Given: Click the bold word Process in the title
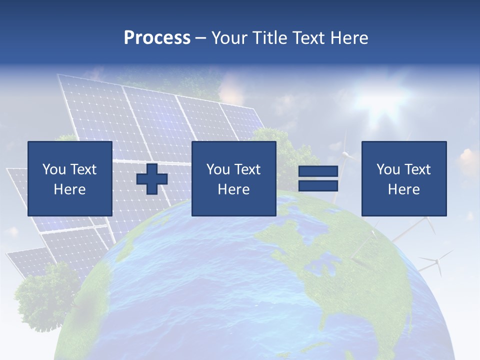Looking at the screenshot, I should tap(157, 38).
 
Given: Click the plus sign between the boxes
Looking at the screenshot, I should tap(152, 179).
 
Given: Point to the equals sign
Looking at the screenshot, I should tap(318, 178).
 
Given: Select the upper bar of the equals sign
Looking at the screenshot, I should tap(318, 171).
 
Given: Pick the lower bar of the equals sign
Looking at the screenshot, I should tap(318, 185).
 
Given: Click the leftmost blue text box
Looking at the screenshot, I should tap(69, 178).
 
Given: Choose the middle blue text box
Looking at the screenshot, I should tap(233, 178).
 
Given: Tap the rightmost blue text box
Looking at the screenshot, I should tap(403, 178).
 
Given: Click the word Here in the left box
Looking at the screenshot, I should tap(69, 189).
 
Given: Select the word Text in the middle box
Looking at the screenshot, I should tap(247, 169).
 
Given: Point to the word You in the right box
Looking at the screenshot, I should tap(388, 169).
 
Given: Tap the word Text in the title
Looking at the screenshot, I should tap(307, 38).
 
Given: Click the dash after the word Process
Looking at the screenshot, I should tap(200, 38).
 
